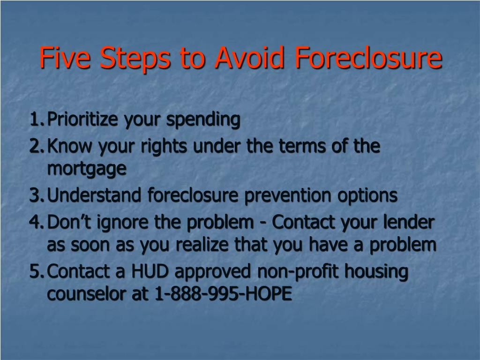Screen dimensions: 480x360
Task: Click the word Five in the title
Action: pyautogui.click(x=65, y=57)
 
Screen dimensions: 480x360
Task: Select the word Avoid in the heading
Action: pyautogui.click(x=249, y=57)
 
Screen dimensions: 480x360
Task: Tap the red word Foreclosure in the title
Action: pyautogui.click(x=368, y=57)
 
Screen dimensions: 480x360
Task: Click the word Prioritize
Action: pyautogui.click(x=82, y=120)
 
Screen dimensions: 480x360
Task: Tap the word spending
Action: pyautogui.click(x=203, y=120)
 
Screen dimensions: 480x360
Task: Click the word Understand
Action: pyautogui.click(x=94, y=195)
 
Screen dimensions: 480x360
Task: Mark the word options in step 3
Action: pyautogui.click(x=367, y=195)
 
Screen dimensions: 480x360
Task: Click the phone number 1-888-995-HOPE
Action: pyautogui.click(x=223, y=293)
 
